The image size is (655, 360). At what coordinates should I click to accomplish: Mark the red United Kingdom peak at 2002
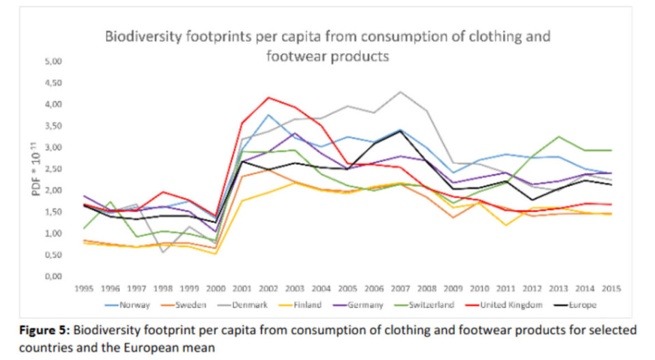269,97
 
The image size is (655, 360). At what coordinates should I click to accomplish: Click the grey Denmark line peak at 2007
401,91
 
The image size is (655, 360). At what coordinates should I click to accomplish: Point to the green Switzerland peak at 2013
559,136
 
